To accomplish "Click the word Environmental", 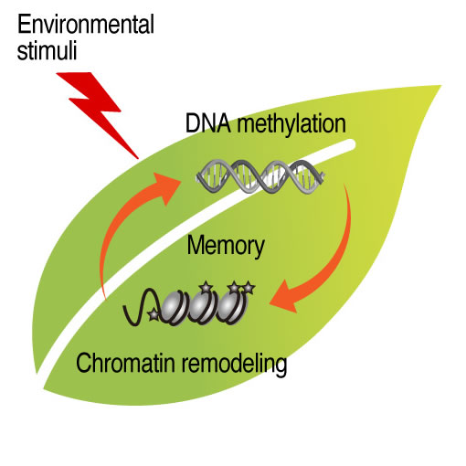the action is pos(86,25).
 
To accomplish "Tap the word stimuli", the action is pos(47,50).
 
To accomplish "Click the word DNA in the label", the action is pos(208,123).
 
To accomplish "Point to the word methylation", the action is pos(291,125).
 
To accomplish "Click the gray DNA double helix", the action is pos(260,177).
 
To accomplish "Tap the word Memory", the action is pos(226,247).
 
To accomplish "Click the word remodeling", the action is pos(234,365).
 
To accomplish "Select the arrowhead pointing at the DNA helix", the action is pos(167,187).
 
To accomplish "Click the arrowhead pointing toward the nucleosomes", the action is pos(285,297).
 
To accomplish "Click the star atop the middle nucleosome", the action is pos(206,287).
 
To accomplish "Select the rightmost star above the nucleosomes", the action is pos(249,288).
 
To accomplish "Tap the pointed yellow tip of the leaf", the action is pos(440,87).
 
